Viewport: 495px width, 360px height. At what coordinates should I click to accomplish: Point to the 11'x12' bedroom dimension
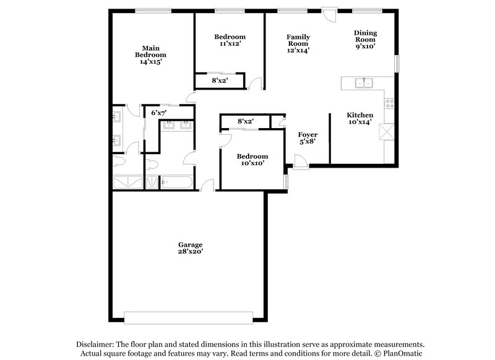point(230,44)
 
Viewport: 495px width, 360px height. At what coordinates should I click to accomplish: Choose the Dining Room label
point(365,36)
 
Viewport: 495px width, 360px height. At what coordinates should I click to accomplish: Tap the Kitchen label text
point(359,115)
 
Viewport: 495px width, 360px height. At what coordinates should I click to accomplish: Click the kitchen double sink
point(363,83)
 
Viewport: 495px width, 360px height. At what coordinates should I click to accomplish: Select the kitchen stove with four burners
point(389,103)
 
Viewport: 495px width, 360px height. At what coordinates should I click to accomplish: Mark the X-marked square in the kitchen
point(388,132)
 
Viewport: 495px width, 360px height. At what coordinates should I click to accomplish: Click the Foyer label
point(308,134)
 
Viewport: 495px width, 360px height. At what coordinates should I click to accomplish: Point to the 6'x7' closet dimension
point(158,113)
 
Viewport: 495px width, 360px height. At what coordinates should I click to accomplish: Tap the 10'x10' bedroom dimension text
point(252,163)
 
